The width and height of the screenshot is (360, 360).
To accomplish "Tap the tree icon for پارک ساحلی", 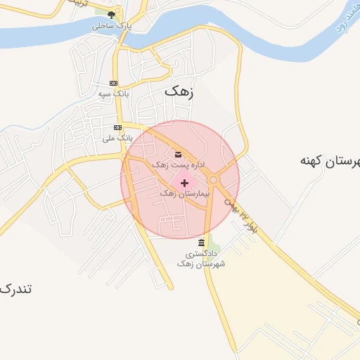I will (111, 14).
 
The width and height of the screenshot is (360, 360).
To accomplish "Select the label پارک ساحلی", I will (112, 26).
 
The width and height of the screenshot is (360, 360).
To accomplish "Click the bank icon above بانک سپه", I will (114, 83).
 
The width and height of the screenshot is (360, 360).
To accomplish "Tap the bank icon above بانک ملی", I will (117, 128).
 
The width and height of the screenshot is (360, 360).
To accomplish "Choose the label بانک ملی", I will (118, 139).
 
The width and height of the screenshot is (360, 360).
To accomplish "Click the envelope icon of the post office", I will (177, 154).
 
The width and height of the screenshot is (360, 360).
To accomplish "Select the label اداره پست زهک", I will (179, 165).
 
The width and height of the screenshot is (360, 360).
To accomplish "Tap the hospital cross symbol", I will (184, 182).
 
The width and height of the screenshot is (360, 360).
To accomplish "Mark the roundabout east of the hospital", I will (213, 179).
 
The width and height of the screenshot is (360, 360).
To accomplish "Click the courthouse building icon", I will (202, 243).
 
